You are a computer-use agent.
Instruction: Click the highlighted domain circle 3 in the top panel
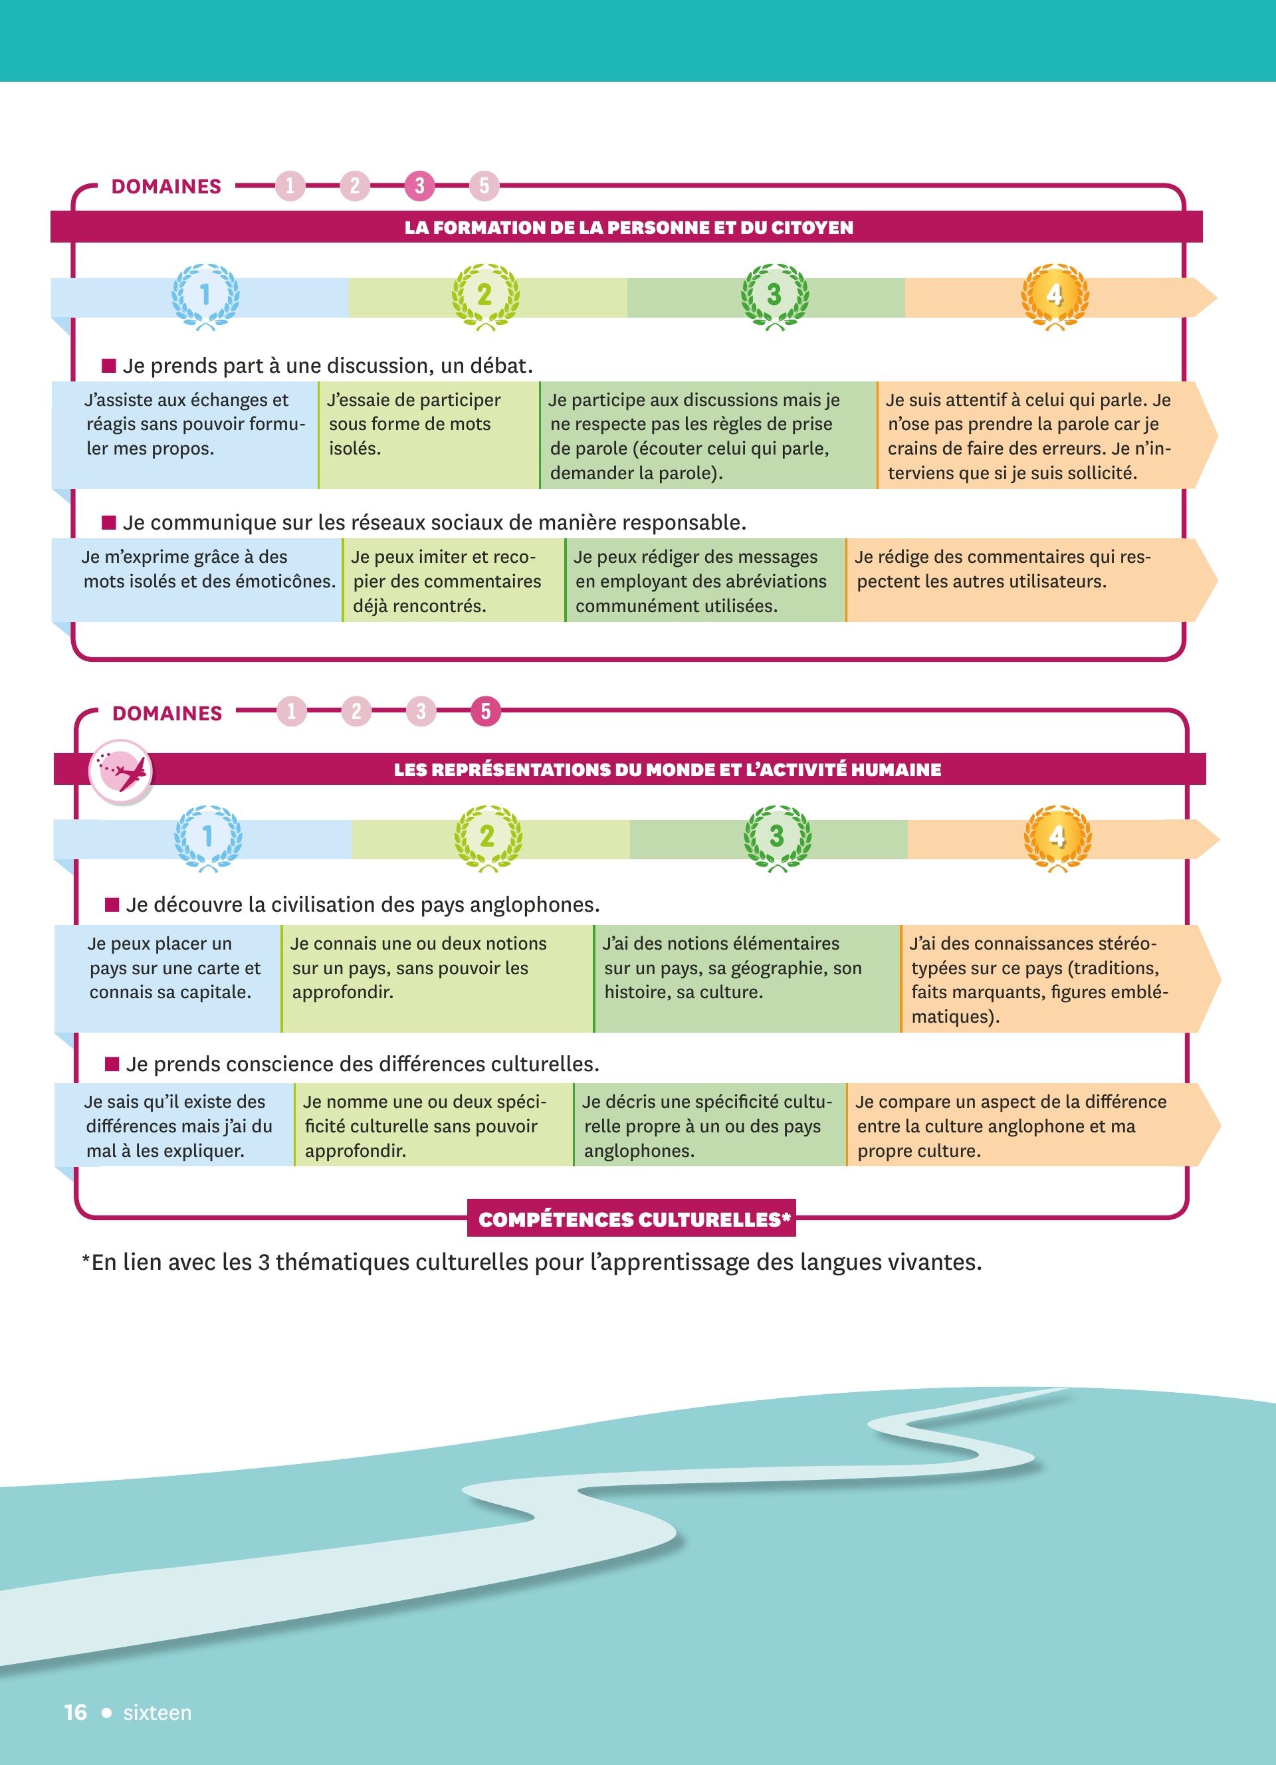pos(419,186)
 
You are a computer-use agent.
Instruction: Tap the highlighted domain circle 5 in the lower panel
pos(486,711)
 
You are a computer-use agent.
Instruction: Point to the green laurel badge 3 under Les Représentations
pos(776,837)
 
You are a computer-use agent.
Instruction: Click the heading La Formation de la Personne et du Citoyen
pos(629,228)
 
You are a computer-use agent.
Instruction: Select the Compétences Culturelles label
pos(632,1219)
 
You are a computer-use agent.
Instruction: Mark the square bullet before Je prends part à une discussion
pos(109,365)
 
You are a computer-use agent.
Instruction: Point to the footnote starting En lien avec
pos(532,1262)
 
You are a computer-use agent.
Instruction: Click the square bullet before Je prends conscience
pos(112,1064)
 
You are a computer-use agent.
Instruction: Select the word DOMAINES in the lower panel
pos(167,714)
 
